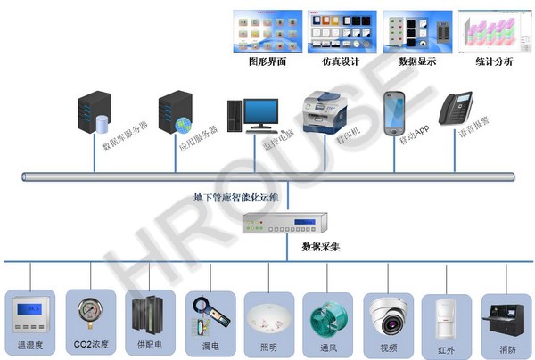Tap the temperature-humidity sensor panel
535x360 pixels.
[32, 312]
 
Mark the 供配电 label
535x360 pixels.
[148, 344]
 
